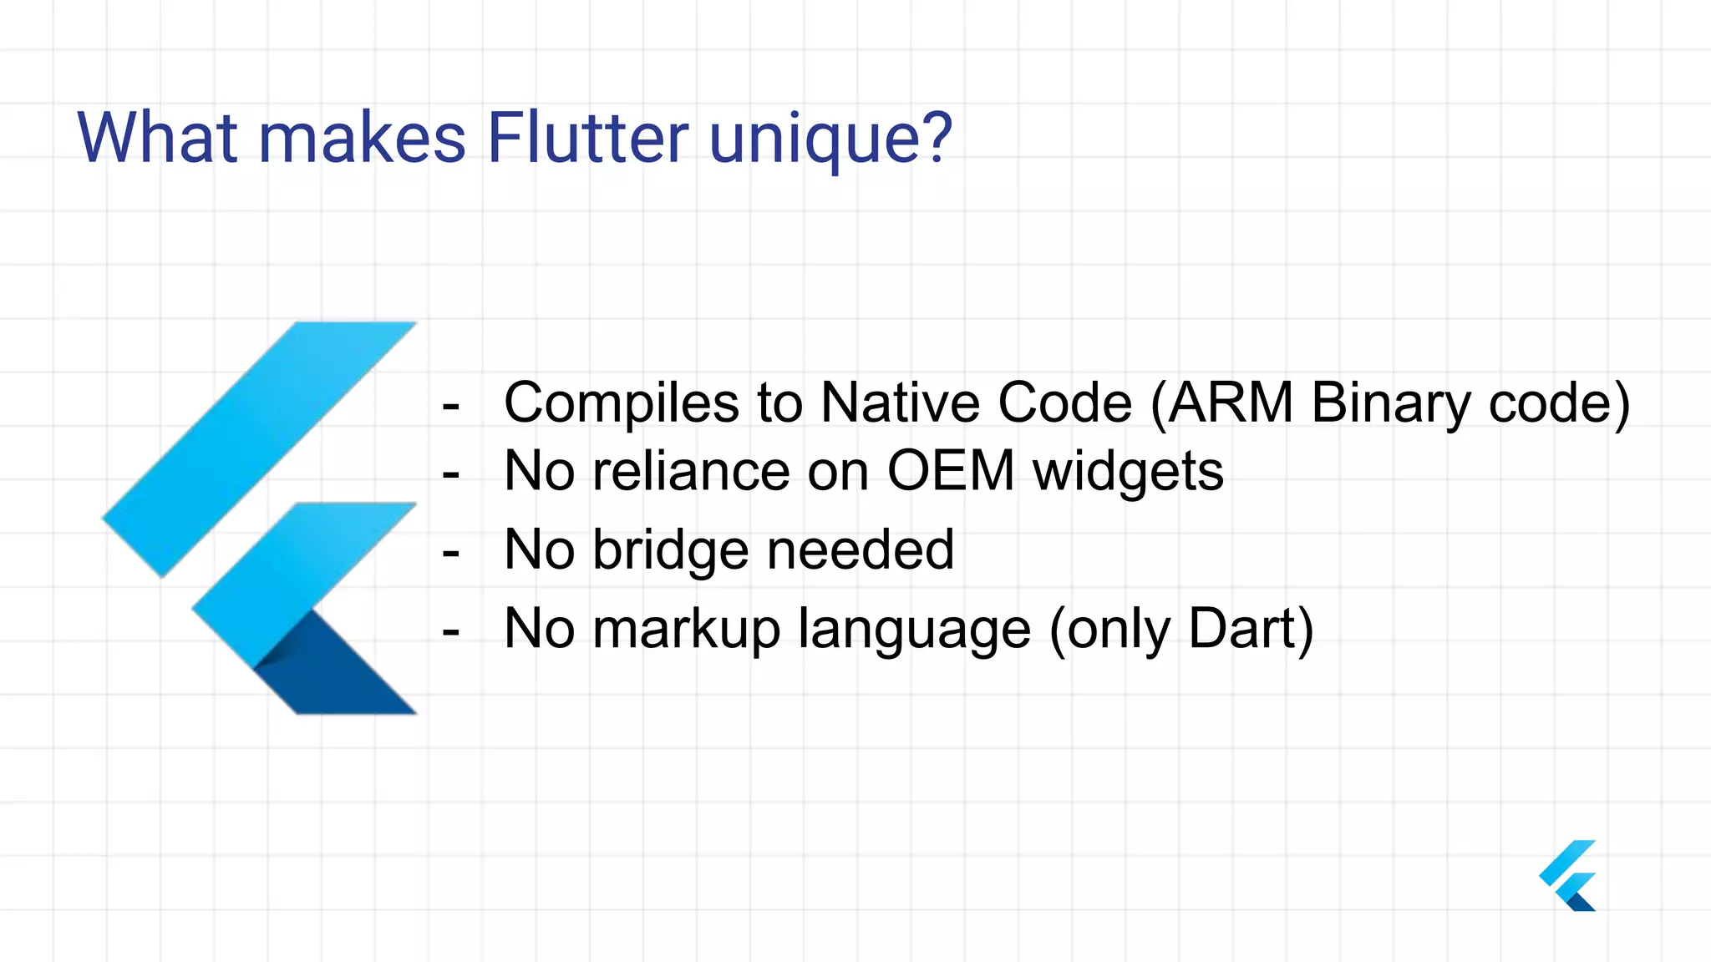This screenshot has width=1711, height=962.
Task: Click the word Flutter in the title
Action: (x=587, y=138)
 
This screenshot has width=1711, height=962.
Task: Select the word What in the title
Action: (x=158, y=138)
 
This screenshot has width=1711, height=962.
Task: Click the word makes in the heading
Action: (x=363, y=138)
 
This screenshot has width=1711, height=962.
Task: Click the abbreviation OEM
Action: (x=951, y=471)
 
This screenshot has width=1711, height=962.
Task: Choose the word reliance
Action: (x=691, y=471)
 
